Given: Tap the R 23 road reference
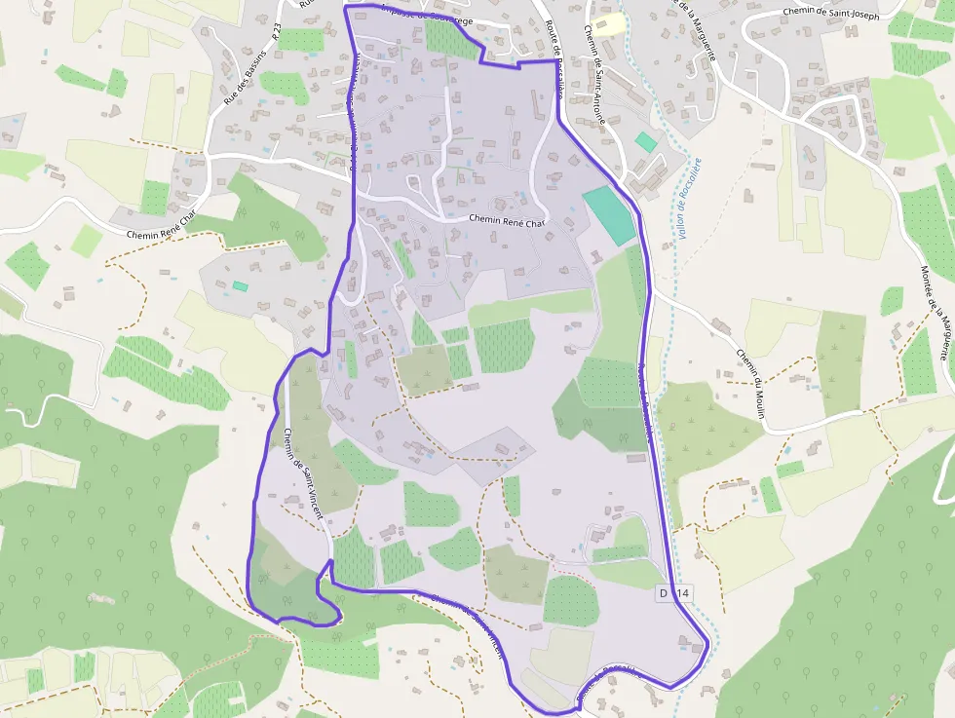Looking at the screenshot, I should click(x=276, y=32).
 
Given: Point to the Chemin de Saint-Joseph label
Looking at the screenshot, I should click(x=830, y=15).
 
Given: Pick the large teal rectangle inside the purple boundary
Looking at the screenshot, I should click(x=609, y=215).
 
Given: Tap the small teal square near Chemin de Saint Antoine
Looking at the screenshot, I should click(x=645, y=141).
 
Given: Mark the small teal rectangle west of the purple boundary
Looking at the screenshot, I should click(x=240, y=285).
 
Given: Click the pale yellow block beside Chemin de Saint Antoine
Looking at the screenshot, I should click(x=609, y=24).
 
